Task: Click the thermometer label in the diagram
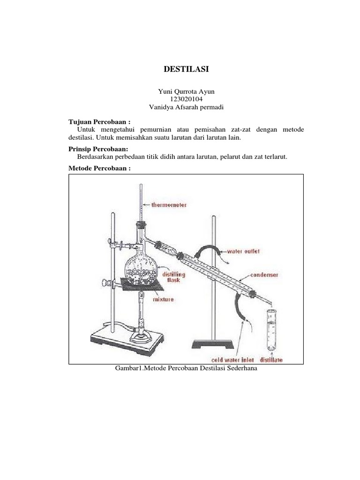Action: coord(169,205)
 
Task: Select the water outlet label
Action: coord(243,251)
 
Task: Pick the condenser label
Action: coord(265,275)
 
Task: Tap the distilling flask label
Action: coord(173,277)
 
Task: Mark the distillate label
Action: coord(272,360)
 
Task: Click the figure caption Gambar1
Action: coord(187,368)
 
